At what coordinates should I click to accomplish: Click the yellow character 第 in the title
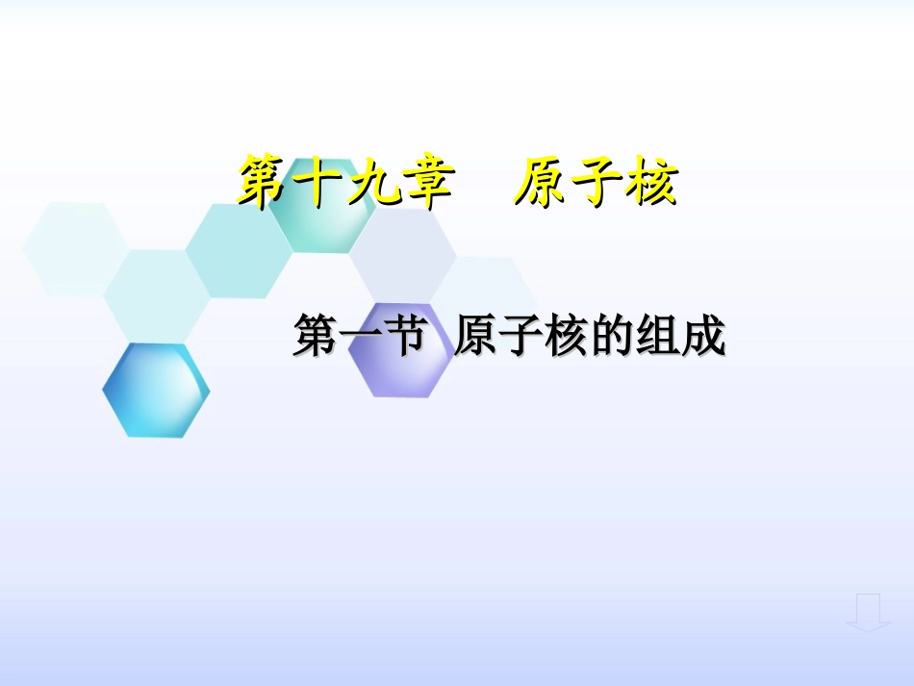point(264,182)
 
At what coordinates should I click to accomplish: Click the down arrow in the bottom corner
point(868,613)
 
